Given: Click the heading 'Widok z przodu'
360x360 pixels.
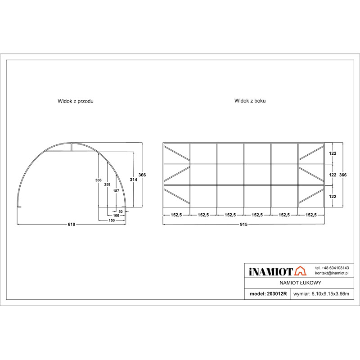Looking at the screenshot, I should tap(76, 101).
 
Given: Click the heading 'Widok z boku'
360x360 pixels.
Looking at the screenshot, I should tap(250, 101).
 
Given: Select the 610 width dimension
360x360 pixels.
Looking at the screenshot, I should tap(72, 224).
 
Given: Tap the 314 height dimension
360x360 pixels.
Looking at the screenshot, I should tap(133, 180).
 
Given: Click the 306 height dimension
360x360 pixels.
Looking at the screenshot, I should tap(98, 180).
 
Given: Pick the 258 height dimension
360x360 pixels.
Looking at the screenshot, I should tap(107, 184).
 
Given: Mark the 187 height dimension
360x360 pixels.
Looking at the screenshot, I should tap(116, 191).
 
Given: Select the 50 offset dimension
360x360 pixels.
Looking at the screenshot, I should tap(121, 211).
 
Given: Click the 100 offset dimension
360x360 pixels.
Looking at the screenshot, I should tap(116, 216).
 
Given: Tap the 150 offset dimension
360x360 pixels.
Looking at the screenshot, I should tap(112, 220).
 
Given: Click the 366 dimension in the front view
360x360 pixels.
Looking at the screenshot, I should tap(142, 175).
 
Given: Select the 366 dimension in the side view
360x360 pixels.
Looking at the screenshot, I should tap(343, 175).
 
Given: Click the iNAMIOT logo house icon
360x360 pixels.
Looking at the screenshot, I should tap(300, 271).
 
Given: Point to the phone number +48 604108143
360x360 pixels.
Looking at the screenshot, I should tap(332, 268).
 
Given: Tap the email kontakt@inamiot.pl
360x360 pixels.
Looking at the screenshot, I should tap(332, 274).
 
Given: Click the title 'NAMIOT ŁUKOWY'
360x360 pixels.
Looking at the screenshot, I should tap(300, 283).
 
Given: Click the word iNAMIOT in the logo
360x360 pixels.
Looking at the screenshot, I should tap(270, 271).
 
